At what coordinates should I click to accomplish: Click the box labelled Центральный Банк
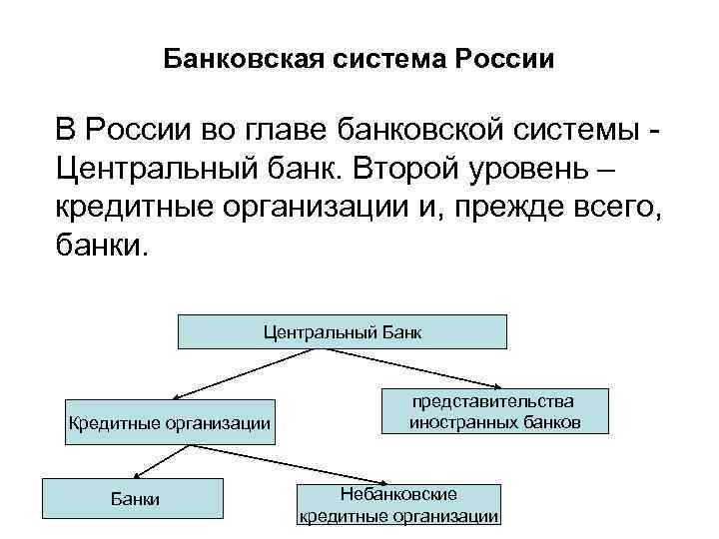(x=342, y=331)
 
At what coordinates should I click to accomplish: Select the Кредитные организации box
(x=168, y=422)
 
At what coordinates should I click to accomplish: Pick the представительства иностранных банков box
(x=493, y=411)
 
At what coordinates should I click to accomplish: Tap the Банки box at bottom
(x=133, y=499)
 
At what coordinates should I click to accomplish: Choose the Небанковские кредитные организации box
(x=398, y=505)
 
